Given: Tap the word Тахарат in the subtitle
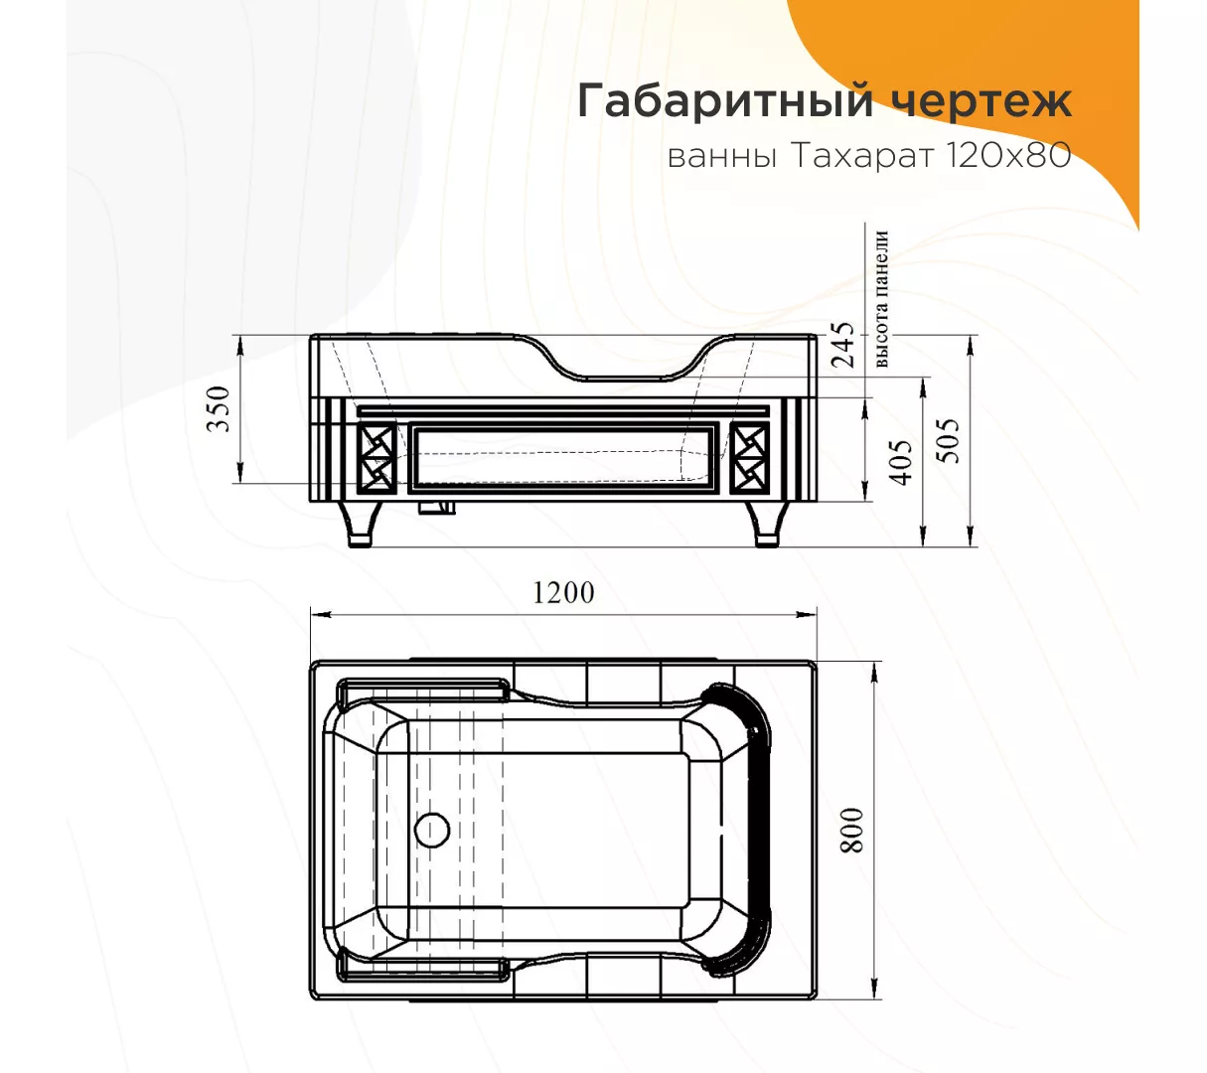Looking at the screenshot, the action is [x=862, y=157].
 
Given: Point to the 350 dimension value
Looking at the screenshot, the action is [x=218, y=408].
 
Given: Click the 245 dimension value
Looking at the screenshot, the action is [x=841, y=345].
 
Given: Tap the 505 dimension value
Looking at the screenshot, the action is [x=948, y=441].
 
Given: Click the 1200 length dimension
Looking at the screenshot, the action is [x=563, y=593].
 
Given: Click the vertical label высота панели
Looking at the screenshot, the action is [x=882, y=298].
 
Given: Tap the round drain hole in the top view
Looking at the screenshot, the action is [x=432, y=830].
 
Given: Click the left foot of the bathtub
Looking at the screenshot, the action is [x=360, y=524].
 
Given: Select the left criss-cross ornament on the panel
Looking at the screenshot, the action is [x=377, y=458].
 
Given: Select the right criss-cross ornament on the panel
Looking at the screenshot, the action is [x=749, y=458].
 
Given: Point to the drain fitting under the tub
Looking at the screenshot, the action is [x=437, y=508].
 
